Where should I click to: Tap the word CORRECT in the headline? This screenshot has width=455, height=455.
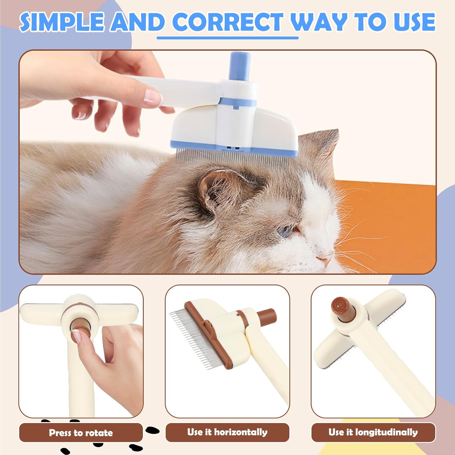[x=227, y=22]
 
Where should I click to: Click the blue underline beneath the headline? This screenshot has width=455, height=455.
[x=227, y=38]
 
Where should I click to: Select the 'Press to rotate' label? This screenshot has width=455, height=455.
[x=81, y=433]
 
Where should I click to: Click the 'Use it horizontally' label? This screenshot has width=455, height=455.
[x=227, y=432]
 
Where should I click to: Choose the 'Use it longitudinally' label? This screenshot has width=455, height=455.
[x=373, y=432]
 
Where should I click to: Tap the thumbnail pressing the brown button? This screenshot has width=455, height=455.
[x=78, y=337]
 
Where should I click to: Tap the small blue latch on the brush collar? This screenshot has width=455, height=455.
[x=235, y=107]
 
